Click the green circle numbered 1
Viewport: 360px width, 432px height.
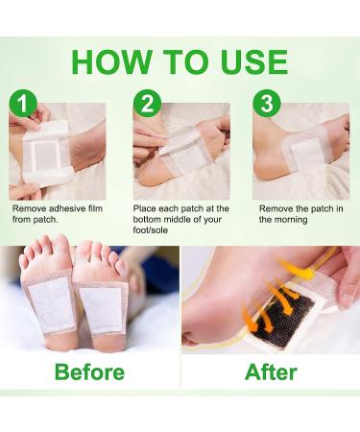coord(23,104)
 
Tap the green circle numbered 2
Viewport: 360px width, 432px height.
coord(148,104)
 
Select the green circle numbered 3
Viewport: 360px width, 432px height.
coord(267,104)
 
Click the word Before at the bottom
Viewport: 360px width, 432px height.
coord(89,372)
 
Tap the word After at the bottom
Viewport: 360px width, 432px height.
coord(271,372)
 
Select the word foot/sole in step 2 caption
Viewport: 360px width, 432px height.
coord(151,230)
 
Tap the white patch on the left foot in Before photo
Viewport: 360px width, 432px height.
coord(52,305)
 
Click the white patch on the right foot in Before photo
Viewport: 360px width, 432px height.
coord(102,310)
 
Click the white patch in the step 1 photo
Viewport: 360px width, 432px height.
coord(47,153)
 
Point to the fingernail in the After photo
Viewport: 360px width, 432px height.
coord(348,300)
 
